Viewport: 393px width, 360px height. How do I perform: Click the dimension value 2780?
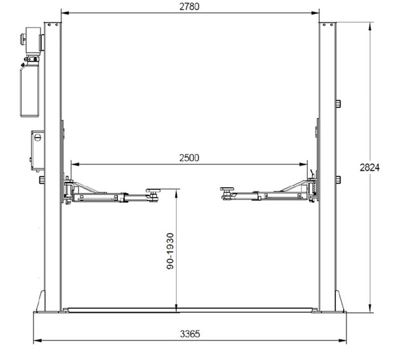pyautogui.click(x=189, y=7)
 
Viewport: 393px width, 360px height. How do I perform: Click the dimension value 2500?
pyautogui.click(x=188, y=158)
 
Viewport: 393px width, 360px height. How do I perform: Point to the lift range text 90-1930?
pyautogui.click(x=169, y=251)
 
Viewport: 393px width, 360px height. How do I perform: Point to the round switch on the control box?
pyautogui.click(x=38, y=138)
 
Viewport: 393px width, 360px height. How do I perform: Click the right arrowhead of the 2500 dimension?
pyautogui.click(x=305, y=164)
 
